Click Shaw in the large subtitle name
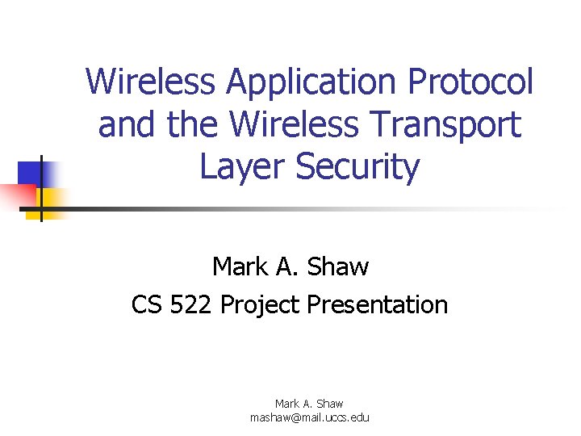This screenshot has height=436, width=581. coord(337,266)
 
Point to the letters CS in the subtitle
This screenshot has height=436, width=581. coord(147,304)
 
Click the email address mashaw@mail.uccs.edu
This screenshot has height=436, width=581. coord(309,417)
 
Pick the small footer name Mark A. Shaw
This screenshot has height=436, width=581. coord(309,403)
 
